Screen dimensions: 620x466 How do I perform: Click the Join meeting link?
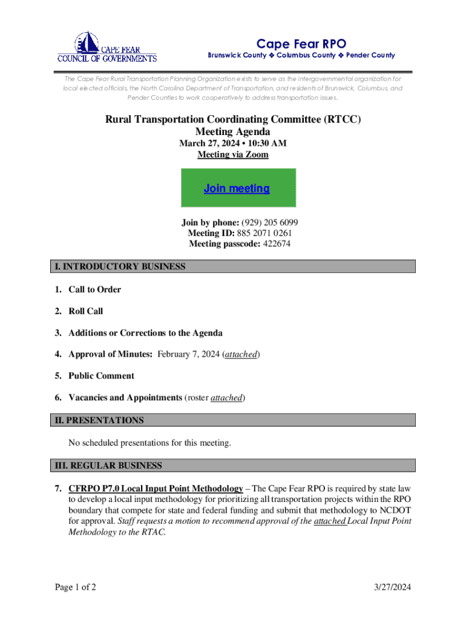tap(237, 188)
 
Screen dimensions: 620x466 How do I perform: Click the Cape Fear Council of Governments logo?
tap(107, 47)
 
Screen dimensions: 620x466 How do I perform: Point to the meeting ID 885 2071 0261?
tap(264, 233)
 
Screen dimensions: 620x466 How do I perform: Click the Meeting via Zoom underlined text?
tap(233, 154)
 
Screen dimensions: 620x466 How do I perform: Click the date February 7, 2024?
tap(188, 354)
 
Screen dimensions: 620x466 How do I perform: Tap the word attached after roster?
tap(226, 398)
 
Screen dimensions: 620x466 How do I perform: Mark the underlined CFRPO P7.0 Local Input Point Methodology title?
tap(156, 488)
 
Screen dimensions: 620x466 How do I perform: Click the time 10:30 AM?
tap(267, 143)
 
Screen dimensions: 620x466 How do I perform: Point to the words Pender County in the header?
tap(370, 55)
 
